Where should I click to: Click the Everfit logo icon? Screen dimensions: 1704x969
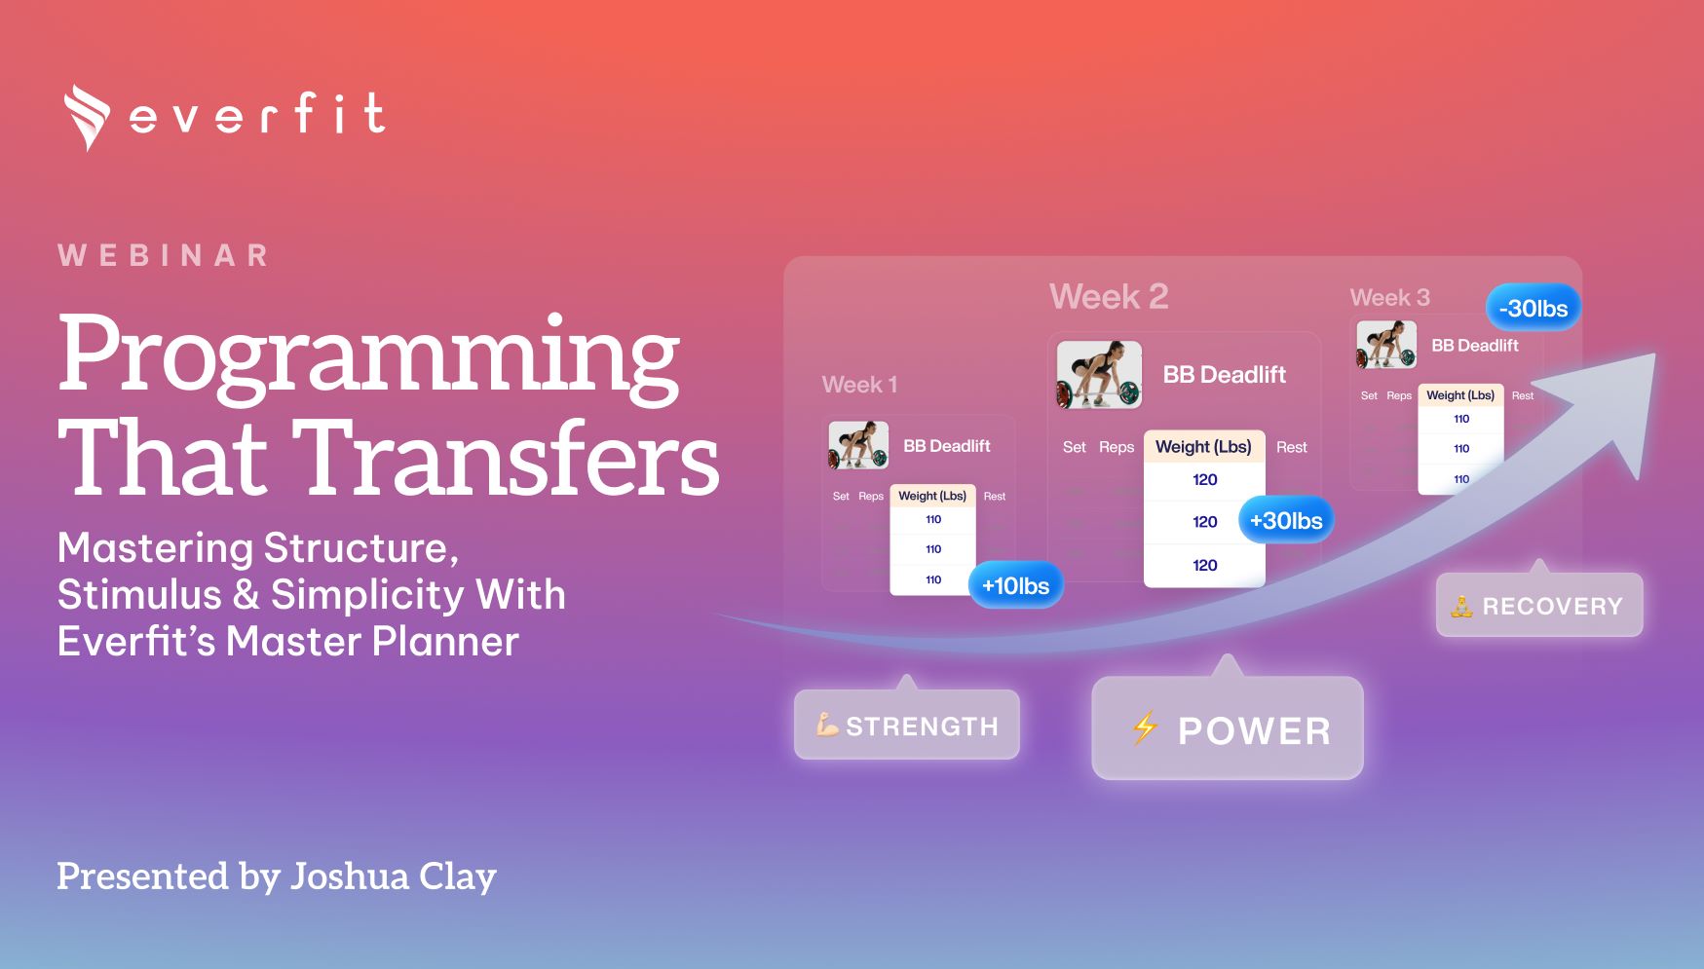[x=87, y=117]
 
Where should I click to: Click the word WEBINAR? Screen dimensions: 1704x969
[x=164, y=255]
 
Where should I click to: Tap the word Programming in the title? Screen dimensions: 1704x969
[x=368, y=356]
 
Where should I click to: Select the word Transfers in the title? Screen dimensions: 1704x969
[x=506, y=457]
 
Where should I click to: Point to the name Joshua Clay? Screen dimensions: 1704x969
[x=394, y=876]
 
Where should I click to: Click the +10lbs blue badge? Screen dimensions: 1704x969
[x=1015, y=585]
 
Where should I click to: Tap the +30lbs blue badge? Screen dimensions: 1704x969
[x=1286, y=520]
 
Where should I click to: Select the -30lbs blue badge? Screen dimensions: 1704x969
[x=1534, y=308]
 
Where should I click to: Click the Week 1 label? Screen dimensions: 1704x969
[x=859, y=385]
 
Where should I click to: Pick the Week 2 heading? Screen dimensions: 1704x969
[x=1109, y=296]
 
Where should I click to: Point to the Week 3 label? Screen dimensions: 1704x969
[x=1389, y=297]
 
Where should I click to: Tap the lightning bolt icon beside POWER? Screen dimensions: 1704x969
[x=1145, y=727]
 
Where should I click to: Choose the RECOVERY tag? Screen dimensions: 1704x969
[x=1539, y=605]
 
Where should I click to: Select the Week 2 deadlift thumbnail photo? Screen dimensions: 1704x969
[x=1099, y=375]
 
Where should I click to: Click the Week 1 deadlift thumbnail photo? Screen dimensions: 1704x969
[x=858, y=445]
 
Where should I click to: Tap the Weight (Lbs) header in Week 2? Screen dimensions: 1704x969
[x=1203, y=447]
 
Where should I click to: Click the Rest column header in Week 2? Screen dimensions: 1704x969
[x=1292, y=447]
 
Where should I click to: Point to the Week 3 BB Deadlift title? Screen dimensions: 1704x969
[x=1474, y=346]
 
